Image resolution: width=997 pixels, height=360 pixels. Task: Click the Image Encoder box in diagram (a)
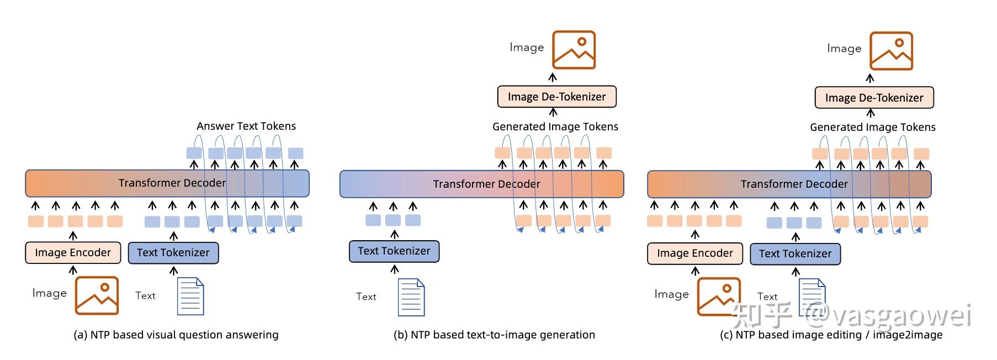(72, 253)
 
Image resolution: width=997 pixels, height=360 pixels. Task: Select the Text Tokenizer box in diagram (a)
(173, 253)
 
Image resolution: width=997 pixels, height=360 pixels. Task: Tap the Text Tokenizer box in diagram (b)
(394, 251)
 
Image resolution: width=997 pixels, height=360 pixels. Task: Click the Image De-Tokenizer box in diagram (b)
(556, 97)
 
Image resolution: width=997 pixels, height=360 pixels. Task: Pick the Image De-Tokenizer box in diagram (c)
(874, 98)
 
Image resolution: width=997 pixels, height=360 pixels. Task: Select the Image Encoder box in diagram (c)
(694, 253)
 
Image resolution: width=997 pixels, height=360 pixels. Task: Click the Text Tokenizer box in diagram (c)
(795, 254)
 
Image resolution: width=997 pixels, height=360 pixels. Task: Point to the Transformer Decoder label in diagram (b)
(486, 184)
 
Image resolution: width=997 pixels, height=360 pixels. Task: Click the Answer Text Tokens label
(246, 126)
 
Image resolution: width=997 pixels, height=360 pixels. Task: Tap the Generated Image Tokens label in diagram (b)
(555, 126)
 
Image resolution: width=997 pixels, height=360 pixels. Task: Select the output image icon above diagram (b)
(574, 50)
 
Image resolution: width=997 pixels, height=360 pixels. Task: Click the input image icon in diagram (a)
(97, 295)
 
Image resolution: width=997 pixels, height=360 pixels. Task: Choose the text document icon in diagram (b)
(411, 297)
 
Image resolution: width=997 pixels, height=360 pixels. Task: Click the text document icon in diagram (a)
(190, 297)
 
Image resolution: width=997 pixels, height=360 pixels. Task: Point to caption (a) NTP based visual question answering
(176, 335)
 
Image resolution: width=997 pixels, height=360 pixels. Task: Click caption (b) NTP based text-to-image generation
(494, 335)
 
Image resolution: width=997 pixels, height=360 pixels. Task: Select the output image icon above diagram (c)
(891, 51)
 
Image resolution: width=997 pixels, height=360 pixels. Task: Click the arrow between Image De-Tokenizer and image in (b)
(553, 77)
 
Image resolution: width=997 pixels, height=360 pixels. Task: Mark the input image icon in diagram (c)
(718, 297)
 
